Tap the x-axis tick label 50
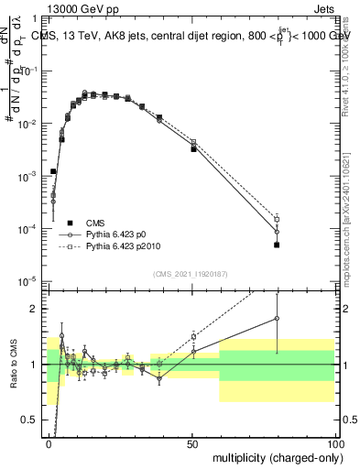[x=192, y=442]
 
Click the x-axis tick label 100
[x=335, y=442]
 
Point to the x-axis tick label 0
[x=49, y=442]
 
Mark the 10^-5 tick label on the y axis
[x=31, y=280]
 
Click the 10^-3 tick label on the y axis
[x=31, y=175]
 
